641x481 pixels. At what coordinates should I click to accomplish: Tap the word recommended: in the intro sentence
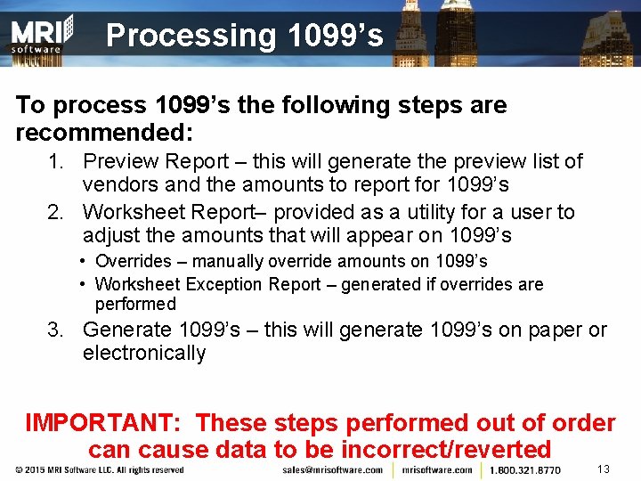[x=106, y=133]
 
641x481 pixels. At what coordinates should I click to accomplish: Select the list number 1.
[x=55, y=162]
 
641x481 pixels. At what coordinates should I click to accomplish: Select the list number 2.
[x=55, y=212]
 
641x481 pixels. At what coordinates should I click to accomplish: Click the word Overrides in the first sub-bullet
[x=133, y=262]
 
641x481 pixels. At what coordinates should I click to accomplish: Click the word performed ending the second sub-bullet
[x=135, y=305]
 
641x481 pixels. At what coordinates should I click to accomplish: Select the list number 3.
[x=55, y=330]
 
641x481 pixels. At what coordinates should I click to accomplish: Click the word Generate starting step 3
[x=127, y=330]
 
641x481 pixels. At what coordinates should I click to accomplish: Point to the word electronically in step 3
[x=143, y=353]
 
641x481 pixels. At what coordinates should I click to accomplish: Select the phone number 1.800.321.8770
[x=525, y=469]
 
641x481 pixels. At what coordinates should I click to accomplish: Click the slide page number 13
[x=603, y=469]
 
